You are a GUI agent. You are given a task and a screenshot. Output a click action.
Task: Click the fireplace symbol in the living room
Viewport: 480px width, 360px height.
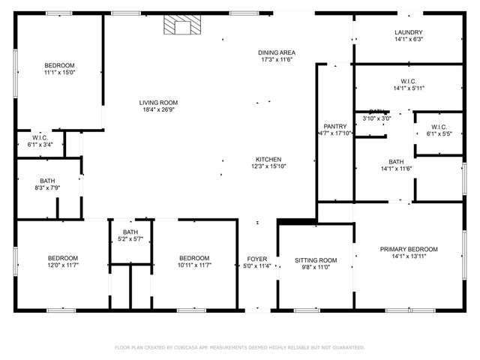click(180, 26)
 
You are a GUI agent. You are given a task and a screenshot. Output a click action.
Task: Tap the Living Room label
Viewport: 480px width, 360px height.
click(158, 103)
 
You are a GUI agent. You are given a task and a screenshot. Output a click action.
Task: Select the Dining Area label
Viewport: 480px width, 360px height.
click(276, 52)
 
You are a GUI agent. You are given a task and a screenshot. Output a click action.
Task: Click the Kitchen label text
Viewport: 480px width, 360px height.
click(268, 160)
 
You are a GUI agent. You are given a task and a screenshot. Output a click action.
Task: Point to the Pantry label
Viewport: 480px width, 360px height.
click(334, 126)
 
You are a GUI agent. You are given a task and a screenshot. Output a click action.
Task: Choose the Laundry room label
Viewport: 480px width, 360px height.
click(409, 32)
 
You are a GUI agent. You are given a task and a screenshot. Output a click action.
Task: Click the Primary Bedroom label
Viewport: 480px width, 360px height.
click(409, 249)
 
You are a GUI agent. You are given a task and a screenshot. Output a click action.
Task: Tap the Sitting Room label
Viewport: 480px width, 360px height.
click(315, 260)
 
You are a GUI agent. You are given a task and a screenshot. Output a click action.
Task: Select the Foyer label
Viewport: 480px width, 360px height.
click(257, 259)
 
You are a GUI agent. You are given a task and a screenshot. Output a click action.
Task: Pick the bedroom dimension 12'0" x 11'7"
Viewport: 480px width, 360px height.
click(63, 265)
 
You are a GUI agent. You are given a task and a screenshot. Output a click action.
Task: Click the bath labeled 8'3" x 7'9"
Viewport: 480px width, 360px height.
click(47, 188)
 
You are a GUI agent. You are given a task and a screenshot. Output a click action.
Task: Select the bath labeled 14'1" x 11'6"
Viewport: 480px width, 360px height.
click(396, 169)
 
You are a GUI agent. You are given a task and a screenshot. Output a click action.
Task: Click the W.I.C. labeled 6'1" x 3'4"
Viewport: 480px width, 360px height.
click(40, 145)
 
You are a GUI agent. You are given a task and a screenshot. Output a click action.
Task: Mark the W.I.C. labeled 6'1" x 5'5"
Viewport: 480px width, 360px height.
click(439, 133)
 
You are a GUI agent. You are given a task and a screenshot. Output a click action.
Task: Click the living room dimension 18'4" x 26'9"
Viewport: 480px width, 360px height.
click(158, 110)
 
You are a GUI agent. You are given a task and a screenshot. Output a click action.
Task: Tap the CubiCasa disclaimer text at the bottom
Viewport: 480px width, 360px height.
click(239, 348)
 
